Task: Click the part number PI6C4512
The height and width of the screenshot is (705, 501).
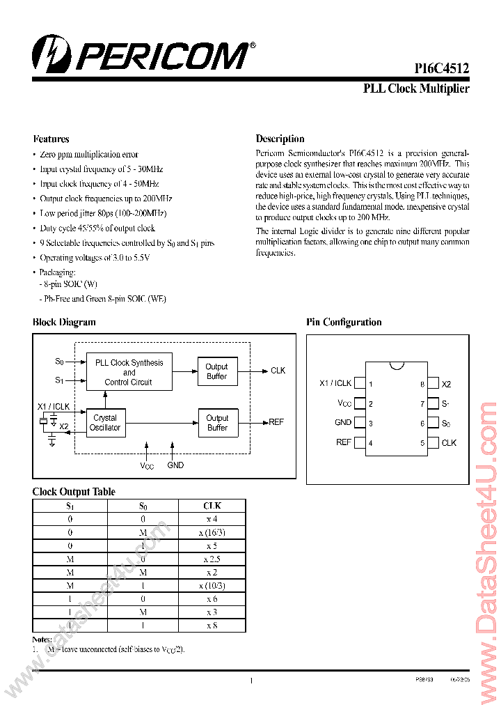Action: (x=441, y=68)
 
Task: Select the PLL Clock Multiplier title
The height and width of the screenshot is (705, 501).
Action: (x=416, y=88)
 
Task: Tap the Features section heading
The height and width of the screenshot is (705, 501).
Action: (x=51, y=139)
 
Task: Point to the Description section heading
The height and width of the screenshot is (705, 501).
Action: (x=280, y=139)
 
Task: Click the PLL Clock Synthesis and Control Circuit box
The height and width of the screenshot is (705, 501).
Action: (x=129, y=372)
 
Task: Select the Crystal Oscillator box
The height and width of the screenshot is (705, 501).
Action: (x=105, y=423)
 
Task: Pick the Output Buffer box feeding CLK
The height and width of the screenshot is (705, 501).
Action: (x=216, y=371)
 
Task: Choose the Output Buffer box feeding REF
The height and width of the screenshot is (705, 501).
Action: (x=217, y=423)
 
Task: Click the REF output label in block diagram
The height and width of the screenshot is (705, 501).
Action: (x=276, y=422)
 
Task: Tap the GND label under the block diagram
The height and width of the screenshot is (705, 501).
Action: (x=175, y=465)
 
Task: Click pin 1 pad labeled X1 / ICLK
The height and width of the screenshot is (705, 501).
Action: (x=360, y=383)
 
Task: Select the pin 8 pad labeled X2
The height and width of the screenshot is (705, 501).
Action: (x=433, y=383)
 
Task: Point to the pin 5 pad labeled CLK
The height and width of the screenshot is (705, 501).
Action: (x=433, y=442)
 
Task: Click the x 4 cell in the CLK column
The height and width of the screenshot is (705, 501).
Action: (x=212, y=519)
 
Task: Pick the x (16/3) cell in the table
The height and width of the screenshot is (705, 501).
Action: (x=212, y=532)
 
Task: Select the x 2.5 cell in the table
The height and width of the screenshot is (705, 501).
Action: (x=212, y=559)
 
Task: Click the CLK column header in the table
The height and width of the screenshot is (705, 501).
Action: (x=212, y=506)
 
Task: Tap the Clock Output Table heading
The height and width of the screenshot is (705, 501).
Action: (x=74, y=491)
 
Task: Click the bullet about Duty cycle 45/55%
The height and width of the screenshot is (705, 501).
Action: (x=97, y=228)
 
